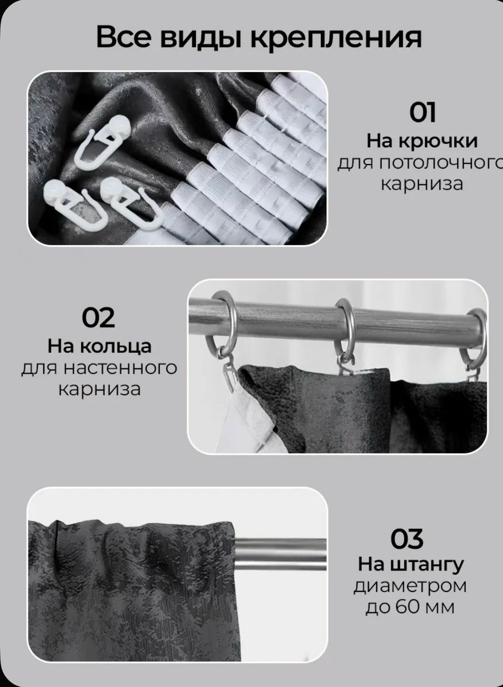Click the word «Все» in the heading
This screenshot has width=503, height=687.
click(124, 37)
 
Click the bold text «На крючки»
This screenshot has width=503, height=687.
click(422, 142)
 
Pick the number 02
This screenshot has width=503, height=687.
click(98, 317)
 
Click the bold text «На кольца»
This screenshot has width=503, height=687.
click(99, 347)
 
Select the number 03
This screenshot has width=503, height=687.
click(407, 538)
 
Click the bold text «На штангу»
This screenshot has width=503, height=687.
click(411, 565)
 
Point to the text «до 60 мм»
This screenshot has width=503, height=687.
click(410, 608)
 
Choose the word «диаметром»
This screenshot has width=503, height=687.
click(410, 587)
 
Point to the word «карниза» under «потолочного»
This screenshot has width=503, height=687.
click(422, 185)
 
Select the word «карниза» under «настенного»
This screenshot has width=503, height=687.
click(99, 390)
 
